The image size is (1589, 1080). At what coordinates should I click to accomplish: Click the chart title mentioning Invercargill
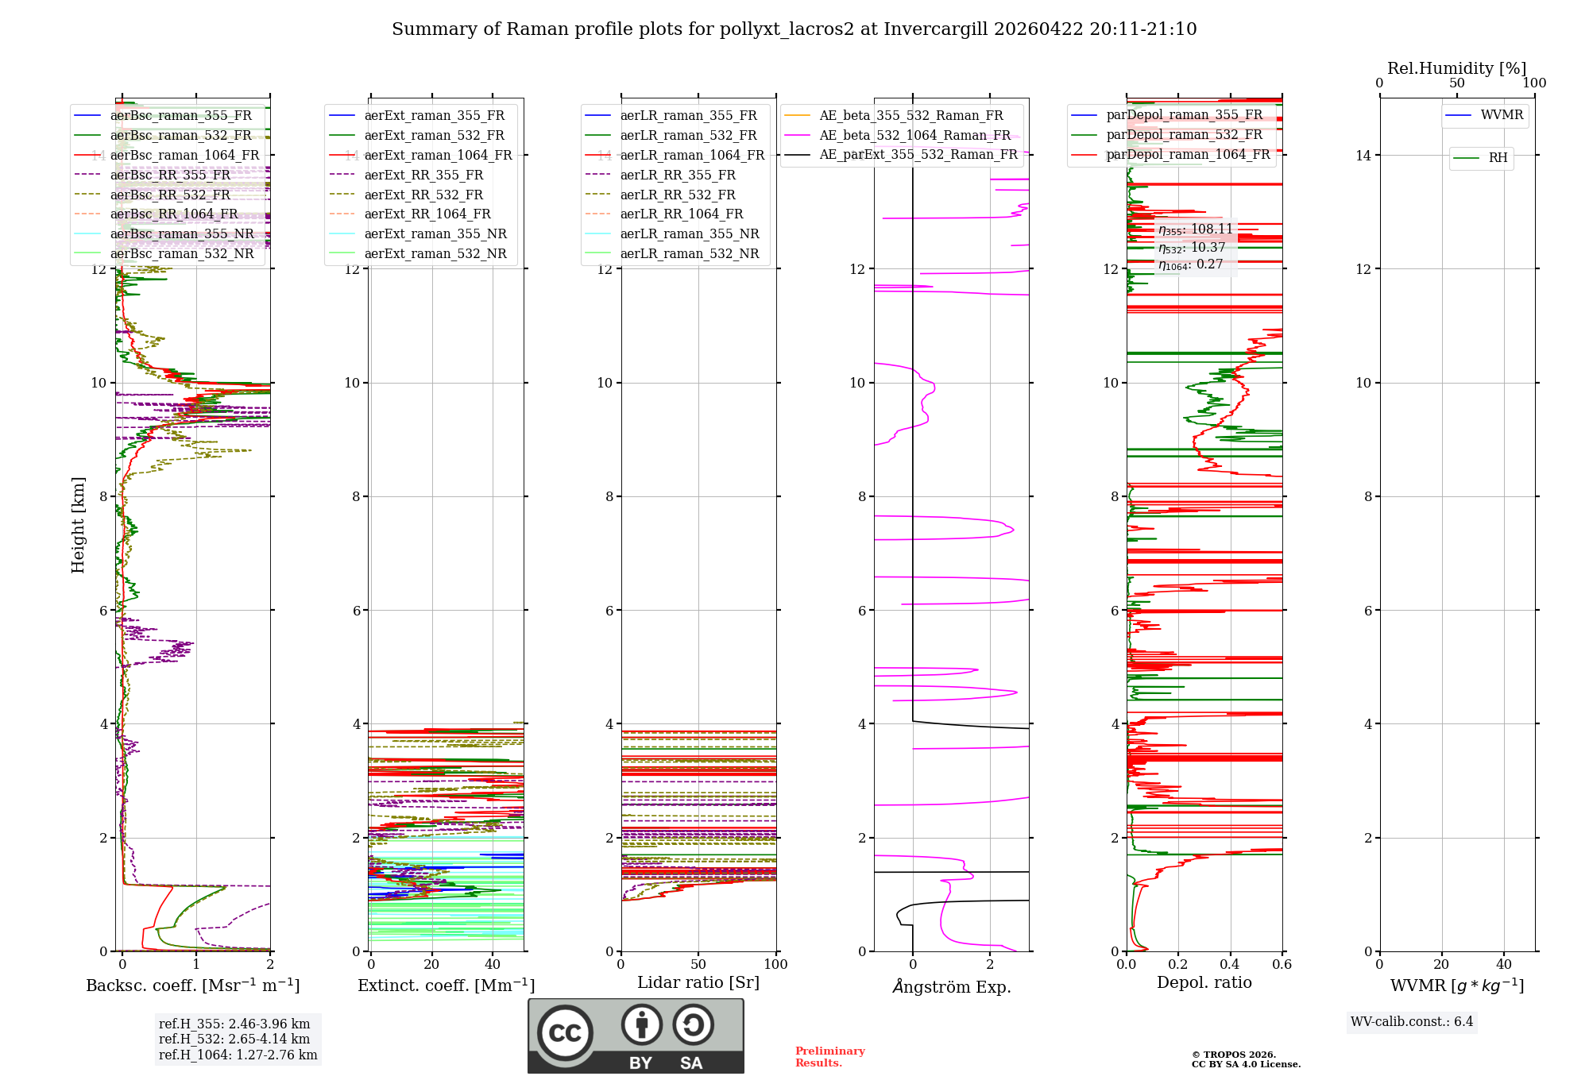coord(794,29)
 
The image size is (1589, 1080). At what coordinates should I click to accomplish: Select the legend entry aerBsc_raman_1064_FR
coord(184,156)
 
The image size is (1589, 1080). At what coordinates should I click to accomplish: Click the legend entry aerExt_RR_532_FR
coord(423,195)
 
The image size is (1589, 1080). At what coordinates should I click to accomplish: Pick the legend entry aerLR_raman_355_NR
coord(689,234)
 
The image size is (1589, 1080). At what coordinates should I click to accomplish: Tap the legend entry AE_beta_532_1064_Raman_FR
coord(914,136)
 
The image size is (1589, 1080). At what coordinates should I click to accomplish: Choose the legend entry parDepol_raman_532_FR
coord(1184,135)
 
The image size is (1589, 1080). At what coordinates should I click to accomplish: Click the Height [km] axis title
coord(78,524)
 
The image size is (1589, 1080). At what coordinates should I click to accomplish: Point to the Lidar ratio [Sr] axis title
coord(698,982)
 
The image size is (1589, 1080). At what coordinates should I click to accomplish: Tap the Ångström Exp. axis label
coord(951,987)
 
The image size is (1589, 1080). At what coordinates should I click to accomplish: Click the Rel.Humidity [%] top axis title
coord(1456,68)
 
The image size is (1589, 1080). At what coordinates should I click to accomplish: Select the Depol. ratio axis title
coord(1204,982)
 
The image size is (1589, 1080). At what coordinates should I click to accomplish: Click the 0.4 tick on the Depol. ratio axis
coord(1230,964)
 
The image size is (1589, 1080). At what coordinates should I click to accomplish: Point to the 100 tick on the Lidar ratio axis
coord(775,964)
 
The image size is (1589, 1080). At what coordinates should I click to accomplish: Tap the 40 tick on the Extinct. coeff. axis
coord(493,964)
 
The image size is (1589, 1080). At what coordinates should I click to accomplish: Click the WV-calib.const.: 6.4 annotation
coord(1411,1021)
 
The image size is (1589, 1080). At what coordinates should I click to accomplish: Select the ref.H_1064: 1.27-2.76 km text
coord(238,1055)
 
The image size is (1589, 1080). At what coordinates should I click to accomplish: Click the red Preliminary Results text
coord(829,1057)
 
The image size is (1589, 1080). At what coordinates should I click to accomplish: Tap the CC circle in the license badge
coord(565,1032)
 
